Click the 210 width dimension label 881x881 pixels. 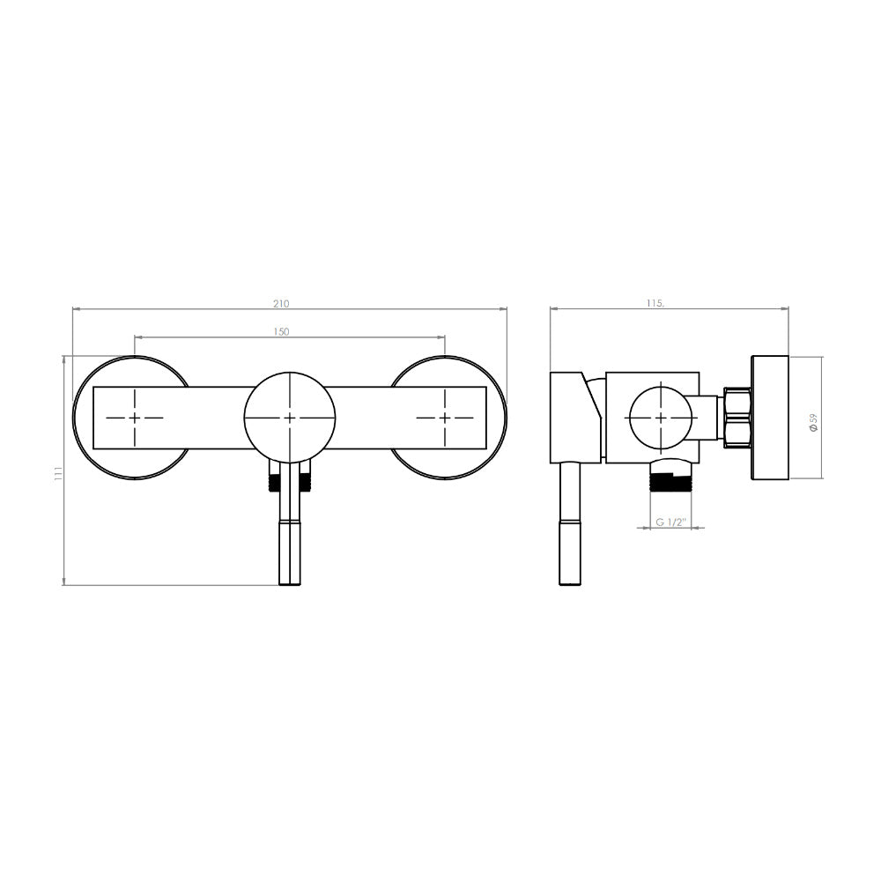pyautogui.click(x=281, y=303)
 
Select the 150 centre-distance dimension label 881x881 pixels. pyautogui.click(x=281, y=331)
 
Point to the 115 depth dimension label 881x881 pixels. pyautogui.click(x=655, y=303)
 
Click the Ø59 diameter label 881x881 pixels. pyautogui.click(x=813, y=422)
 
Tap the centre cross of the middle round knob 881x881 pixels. pyautogui.click(x=289, y=418)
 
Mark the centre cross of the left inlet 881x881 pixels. pyautogui.click(x=135, y=418)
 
